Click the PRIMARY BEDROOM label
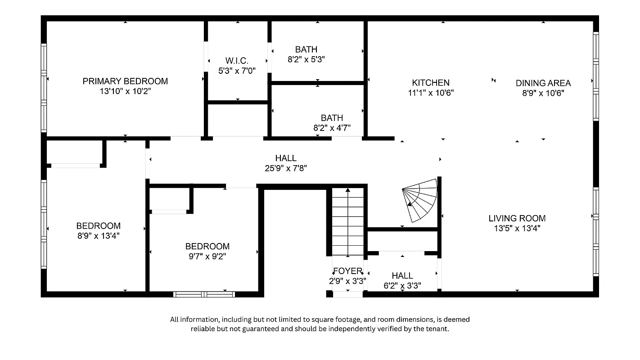(x=125, y=81)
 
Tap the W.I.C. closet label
(x=237, y=60)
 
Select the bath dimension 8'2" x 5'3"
(x=306, y=59)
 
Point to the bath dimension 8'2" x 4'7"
(x=332, y=127)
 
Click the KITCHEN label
(x=431, y=83)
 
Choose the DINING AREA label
(x=543, y=83)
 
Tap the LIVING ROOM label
(x=517, y=218)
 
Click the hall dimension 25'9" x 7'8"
(x=286, y=168)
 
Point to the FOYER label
(x=347, y=271)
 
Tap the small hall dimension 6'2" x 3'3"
(x=402, y=285)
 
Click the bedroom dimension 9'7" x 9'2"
(x=207, y=256)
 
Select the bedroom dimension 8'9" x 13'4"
(x=98, y=235)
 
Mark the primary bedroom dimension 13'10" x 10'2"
(x=125, y=91)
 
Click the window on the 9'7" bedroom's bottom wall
(x=204, y=294)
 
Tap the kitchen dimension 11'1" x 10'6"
(x=431, y=93)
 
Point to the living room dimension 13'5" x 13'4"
(x=517, y=229)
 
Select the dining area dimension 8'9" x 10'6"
(x=543, y=93)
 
